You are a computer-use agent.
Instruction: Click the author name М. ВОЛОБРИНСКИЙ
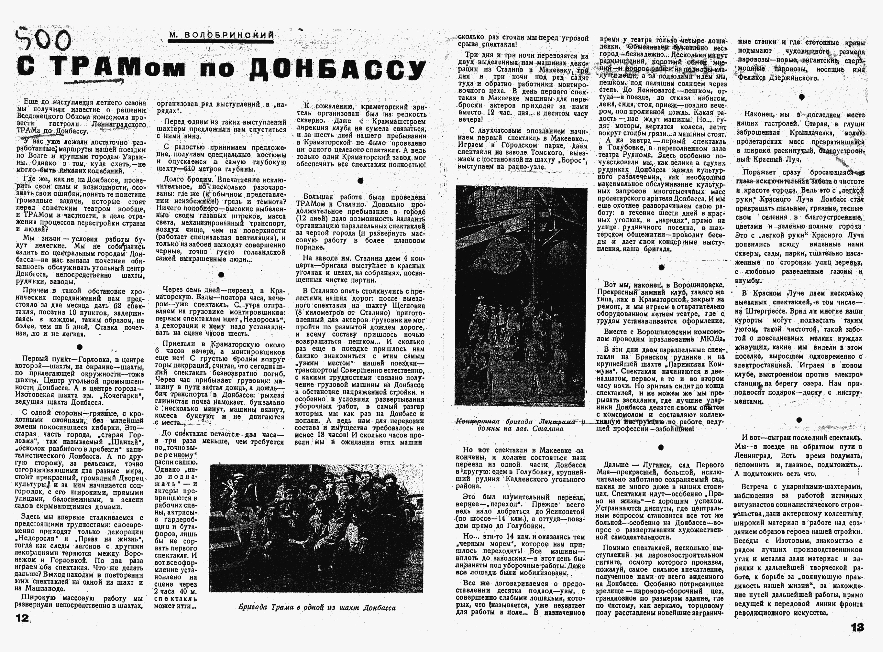pyautogui.click(x=221, y=35)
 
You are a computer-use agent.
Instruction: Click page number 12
pyautogui.click(x=22, y=618)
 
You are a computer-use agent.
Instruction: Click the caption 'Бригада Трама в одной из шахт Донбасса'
pyautogui.click(x=317, y=608)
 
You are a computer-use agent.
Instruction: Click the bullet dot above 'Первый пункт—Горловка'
pyautogui.click(x=80, y=347)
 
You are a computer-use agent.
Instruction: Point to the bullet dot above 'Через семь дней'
pyautogui.click(x=221, y=275)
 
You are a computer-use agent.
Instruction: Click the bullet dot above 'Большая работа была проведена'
pyautogui.click(x=360, y=181)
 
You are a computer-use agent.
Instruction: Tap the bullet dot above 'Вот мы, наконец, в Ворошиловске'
pyautogui.click(x=661, y=267)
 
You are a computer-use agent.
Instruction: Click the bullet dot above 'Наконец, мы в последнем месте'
pyautogui.click(x=801, y=97)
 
